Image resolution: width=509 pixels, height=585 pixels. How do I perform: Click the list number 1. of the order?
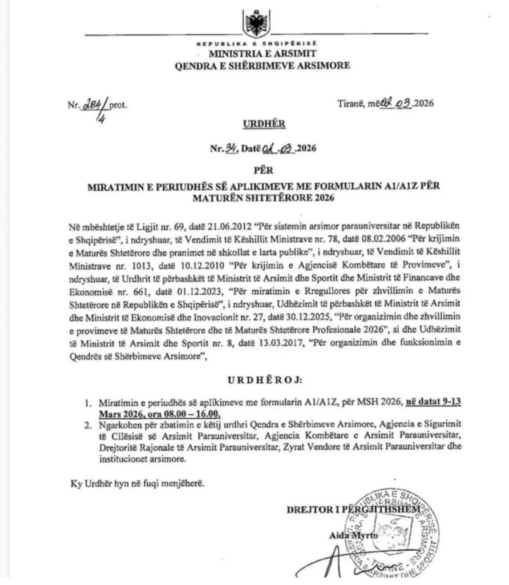(x=88, y=403)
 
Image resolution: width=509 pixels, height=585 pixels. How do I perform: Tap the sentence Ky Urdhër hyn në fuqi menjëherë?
(x=138, y=483)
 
